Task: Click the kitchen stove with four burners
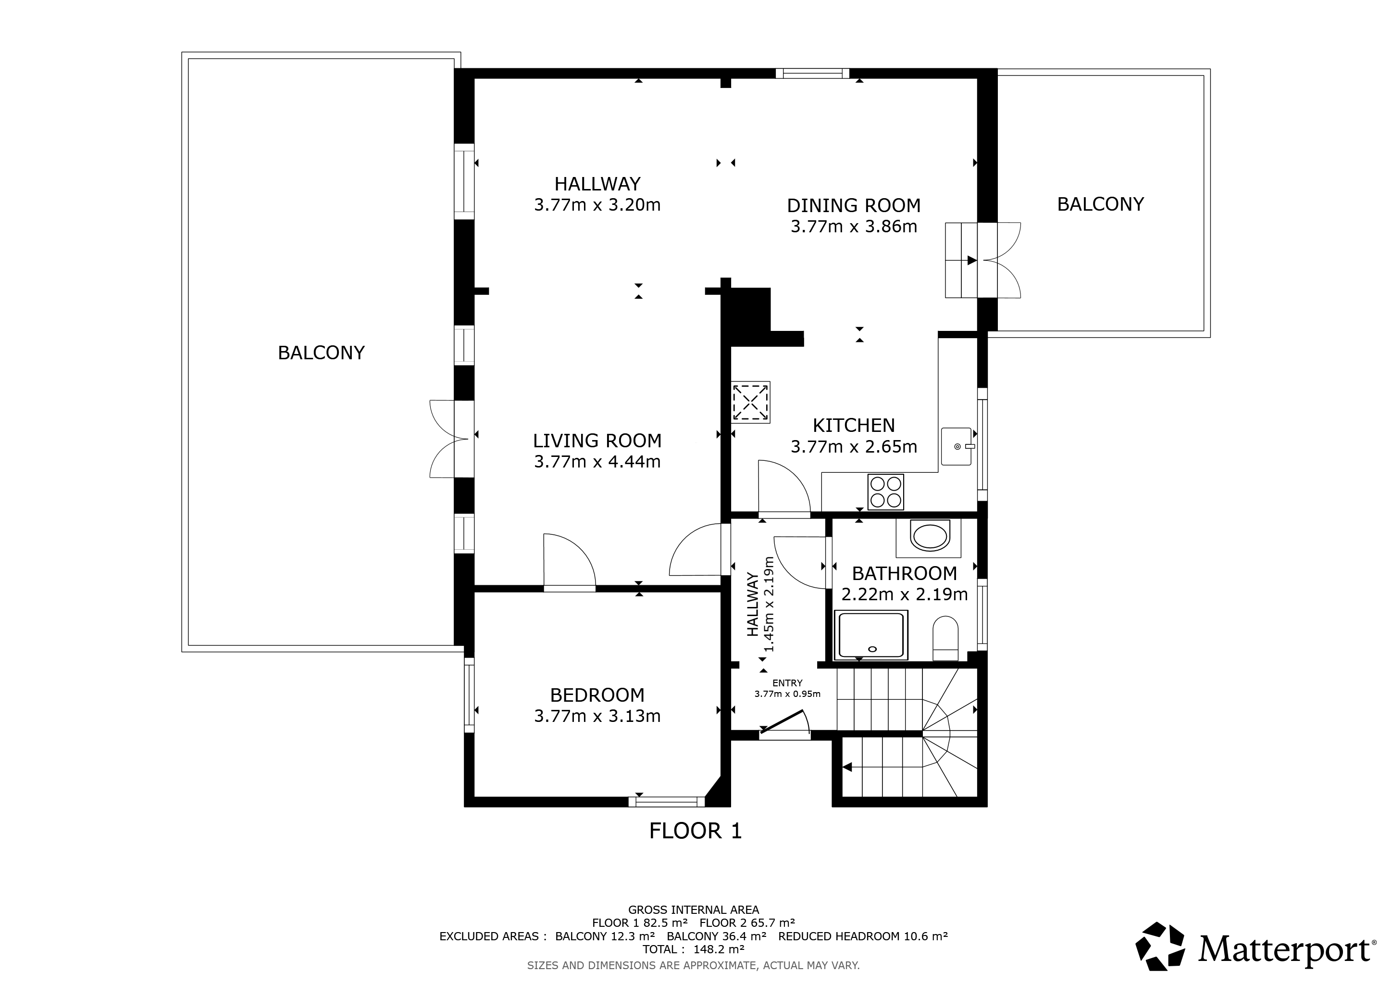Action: pyautogui.click(x=886, y=491)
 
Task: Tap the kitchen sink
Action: pyautogui.click(x=957, y=446)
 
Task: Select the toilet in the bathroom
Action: pyautogui.click(x=945, y=638)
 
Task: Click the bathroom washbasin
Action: pyautogui.click(x=930, y=537)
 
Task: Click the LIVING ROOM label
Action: pyautogui.click(x=597, y=441)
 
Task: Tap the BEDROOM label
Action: pyautogui.click(x=597, y=695)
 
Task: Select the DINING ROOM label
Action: pyautogui.click(x=854, y=206)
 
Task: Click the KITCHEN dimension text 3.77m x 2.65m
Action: pyautogui.click(x=854, y=447)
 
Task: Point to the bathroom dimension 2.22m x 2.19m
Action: pyautogui.click(x=905, y=594)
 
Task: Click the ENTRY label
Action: pyautogui.click(x=787, y=683)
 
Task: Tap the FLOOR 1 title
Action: pyautogui.click(x=696, y=830)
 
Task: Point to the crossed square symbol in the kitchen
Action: pyautogui.click(x=751, y=402)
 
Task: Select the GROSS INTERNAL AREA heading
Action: pyautogui.click(x=694, y=910)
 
